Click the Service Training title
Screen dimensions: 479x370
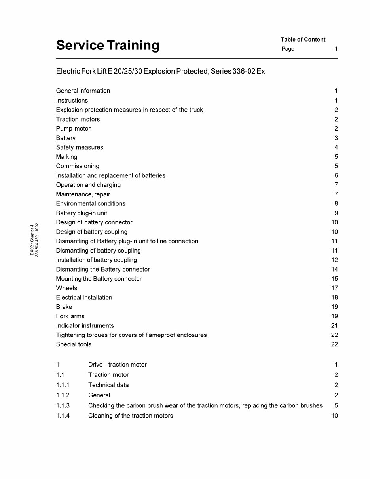[108, 46]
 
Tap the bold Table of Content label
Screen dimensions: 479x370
[303, 40]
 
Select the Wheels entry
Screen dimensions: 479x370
[66, 288]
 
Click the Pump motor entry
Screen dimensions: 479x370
[73, 129]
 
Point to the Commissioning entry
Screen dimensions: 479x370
[78, 166]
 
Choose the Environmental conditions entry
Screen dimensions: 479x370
[91, 204]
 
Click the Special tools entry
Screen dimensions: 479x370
[74, 344]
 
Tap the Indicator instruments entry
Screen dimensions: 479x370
[85, 326]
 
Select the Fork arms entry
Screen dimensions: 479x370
[70, 316]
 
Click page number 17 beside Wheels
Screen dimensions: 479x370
[334, 288]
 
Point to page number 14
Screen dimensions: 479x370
[334, 270]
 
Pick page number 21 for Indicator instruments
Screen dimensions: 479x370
[334, 326]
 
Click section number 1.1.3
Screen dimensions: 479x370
[63, 405]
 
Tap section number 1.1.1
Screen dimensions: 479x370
[63, 385]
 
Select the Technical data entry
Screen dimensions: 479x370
[108, 385]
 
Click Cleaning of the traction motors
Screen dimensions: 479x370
[131, 416]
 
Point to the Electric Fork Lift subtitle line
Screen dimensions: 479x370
[160, 72]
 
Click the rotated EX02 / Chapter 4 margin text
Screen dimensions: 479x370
[32, 239]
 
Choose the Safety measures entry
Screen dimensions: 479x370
[80, 147]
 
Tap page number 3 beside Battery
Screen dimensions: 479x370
[336, 138]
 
